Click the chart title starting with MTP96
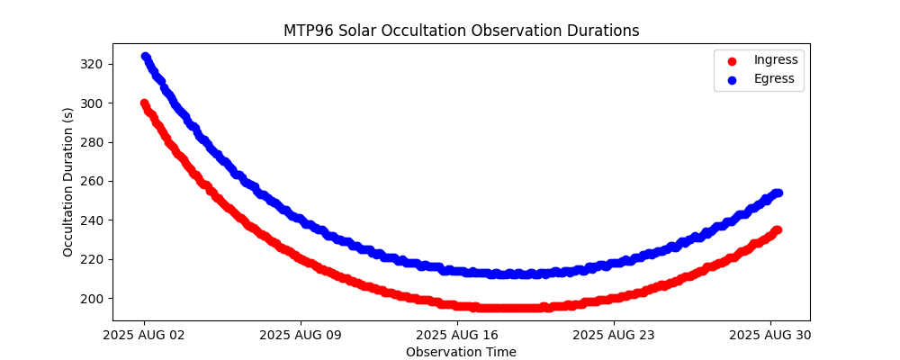pyautogui.click(x=461, y=31)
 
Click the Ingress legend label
pyautogui.click(x=776, y=60)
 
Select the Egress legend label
pyautogui.click(x=774, y=79)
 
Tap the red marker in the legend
pyautogui.click(x=732, y=61)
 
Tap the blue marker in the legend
pyautogui.click(x=732, y=80)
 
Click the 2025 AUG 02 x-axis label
pyautogui.click(x=144, y=335)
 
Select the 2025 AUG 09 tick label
pyautogui.click(x=301, y=335)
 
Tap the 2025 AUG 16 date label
pyautogui.click(x=457, y=335)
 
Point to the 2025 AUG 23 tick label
pyautogui.click(x=614, y=335)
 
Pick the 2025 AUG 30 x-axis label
pyautogui.click(x=770, y=335)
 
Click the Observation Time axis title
pyautogui.click(x=461, y=352)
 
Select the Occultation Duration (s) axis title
pyautogui.click(x=68, y=182)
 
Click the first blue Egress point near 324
pyautogui.click(x=145, y=57)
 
